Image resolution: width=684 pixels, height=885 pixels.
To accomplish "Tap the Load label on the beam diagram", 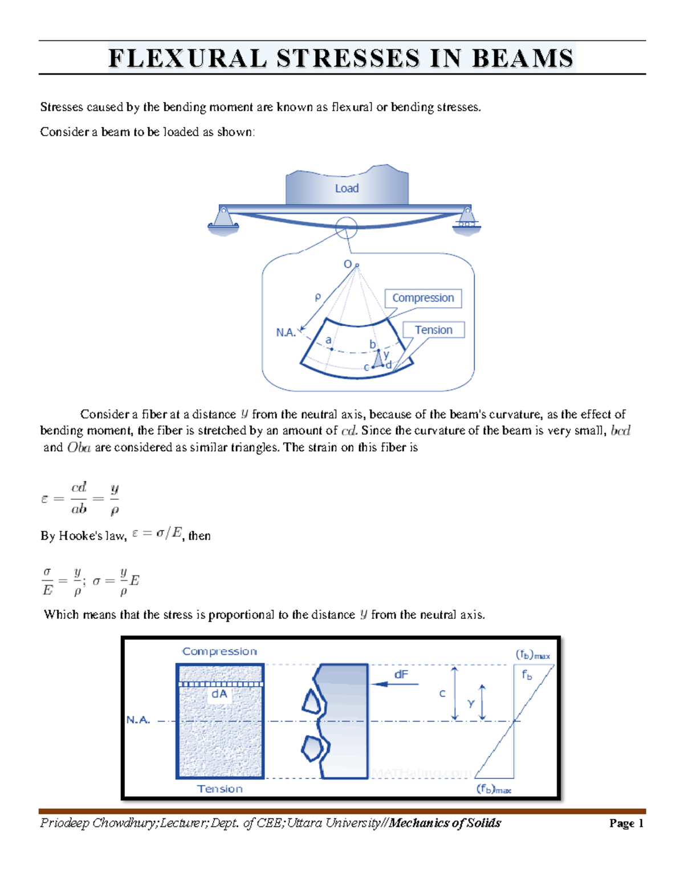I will tap(347, 189).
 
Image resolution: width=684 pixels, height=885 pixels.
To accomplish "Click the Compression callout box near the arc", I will tap(423, 298).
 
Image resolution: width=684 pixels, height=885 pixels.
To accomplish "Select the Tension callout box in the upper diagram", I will tap(433, 330).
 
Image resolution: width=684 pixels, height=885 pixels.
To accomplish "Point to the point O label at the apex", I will tap(347, 264).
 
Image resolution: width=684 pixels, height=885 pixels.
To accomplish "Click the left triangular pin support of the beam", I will tap(223, 220).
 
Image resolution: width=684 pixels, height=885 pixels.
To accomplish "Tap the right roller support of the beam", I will tap(467, 219).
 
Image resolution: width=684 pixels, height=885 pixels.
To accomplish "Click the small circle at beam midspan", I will tap(346, 227).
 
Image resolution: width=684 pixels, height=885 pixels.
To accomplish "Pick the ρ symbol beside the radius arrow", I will tap(317, 297).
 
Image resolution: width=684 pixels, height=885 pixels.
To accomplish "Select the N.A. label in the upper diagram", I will tap(286, 333).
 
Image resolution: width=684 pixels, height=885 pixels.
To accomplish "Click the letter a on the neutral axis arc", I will tap(328, 340).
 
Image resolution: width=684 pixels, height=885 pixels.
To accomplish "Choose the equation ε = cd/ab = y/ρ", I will tap(80, 499).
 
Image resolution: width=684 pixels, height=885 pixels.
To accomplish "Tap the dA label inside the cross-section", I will tap(219, 694).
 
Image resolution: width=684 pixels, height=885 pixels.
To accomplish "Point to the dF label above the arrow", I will tap(401, 675).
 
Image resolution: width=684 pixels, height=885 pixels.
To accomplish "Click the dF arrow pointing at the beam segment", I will tap(394, 684).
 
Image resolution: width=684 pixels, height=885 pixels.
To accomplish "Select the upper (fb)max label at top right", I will tap(533, 655).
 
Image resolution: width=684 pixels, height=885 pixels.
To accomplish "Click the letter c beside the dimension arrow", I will tap(442, 694).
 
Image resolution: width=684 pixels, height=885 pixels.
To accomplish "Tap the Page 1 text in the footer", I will tap(626, 823).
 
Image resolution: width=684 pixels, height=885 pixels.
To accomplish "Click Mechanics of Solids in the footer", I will tap(445, 823).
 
